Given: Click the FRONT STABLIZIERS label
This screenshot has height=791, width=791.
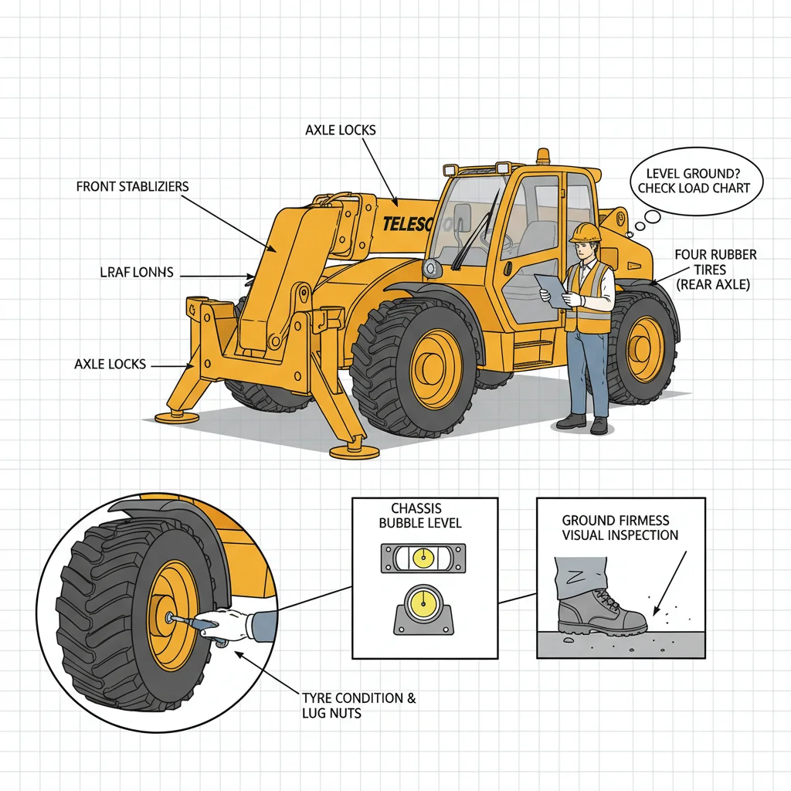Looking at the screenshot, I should click(x=132, y=187).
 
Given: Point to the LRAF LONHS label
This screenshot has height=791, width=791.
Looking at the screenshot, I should click(x=137, y=273).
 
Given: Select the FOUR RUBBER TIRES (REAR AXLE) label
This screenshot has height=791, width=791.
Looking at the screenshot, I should click(x=715, y=269).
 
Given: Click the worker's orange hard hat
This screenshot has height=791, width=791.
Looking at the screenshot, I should click(x=586, y=232).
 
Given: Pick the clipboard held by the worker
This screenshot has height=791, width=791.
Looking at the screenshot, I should click(x=550, y=287).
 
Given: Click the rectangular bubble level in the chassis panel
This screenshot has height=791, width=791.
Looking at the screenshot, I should click(x=423, y=557).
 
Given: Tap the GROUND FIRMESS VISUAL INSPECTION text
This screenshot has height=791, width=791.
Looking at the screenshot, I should click(x=620, y=528).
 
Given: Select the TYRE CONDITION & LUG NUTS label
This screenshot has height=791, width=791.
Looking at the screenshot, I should click(x=358, y=706).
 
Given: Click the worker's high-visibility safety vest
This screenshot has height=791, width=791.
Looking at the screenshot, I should click(x=590, y=297).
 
